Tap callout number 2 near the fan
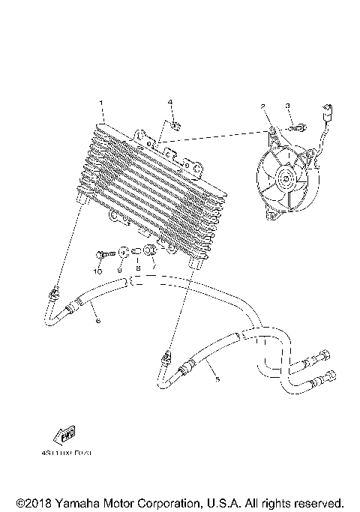(263, 107)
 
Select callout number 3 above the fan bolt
(287, 107)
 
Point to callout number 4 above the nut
(170, 101)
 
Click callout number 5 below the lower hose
(217, 380)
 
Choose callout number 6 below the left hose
(97, 320)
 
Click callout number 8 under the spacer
(137, 269)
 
